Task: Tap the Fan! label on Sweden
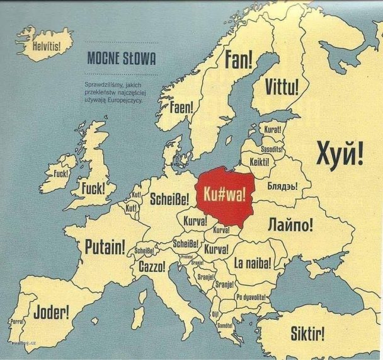coord(239,59)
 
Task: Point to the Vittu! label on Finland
coord(282,86)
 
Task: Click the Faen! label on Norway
coord(181,107)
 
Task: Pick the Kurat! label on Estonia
coord(273,129)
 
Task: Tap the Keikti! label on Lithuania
coord(260,162)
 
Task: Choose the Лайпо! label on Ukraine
coord(290,224)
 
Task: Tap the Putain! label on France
coord(105,245)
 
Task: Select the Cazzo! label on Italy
coord(152,267)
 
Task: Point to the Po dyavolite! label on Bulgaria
coord(251,297)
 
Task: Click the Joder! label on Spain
coord(51,311)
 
